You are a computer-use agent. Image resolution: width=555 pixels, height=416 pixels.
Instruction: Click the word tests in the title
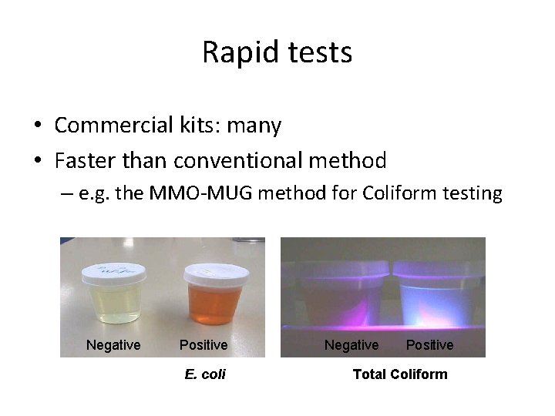tap(318, 52)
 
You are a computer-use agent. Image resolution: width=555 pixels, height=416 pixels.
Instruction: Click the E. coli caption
tap(205, 374)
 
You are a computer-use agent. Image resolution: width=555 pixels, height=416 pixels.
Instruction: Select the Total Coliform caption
tap(399, 374)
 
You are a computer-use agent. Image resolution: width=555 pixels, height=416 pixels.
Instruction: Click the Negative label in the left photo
tap(113, 345)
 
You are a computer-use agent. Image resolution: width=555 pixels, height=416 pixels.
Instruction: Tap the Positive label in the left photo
tap(203, 345)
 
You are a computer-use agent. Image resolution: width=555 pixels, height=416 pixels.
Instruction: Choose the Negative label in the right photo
tap(351, 345)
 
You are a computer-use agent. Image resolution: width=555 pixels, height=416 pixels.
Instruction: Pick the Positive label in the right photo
tap(429, 345)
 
